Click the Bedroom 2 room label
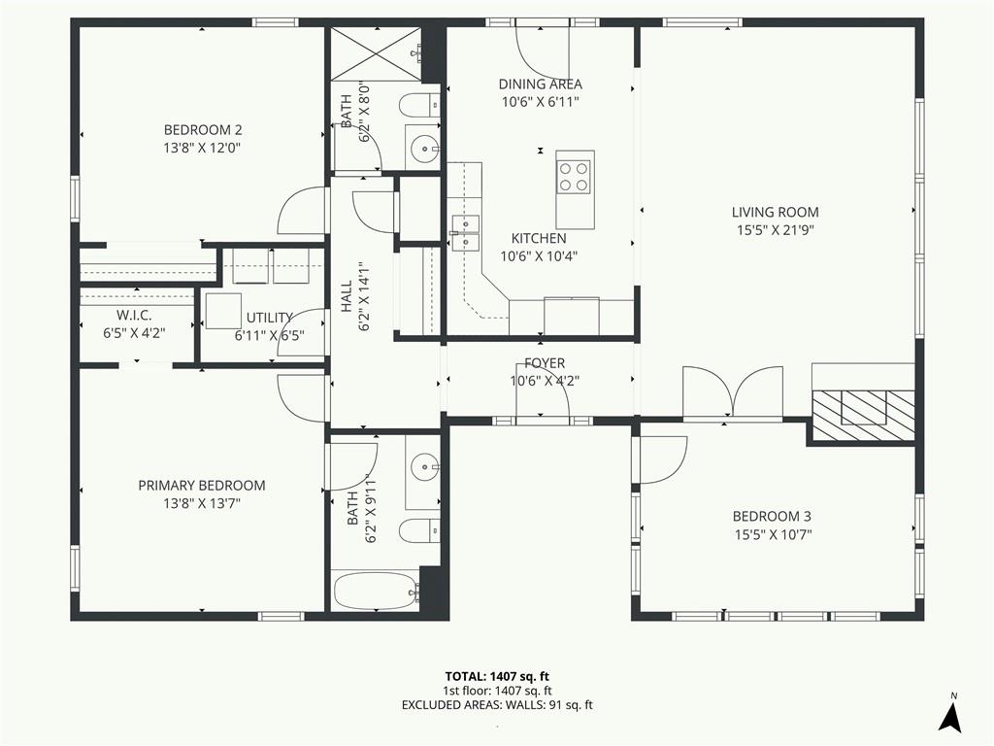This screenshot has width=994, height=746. tap(203, 130)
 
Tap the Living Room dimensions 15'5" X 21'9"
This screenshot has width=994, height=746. tap(776, 229)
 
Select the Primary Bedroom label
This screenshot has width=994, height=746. tap(202, 486)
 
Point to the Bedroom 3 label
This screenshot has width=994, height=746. tap(773, 517)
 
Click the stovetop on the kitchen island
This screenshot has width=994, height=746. tap(574, 177)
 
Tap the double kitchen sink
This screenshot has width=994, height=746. tap(465, 233)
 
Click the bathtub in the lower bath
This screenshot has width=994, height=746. tap(374, 591)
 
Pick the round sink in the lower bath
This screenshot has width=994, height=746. tap(423, 468)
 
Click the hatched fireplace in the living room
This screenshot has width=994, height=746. tap(864, 416)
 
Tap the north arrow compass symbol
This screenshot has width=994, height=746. tap(951, 714)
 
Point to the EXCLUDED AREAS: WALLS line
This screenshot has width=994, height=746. tap(497, 705)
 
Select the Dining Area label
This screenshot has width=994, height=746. tap(540, 84)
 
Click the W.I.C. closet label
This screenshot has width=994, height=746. tap(134, 316)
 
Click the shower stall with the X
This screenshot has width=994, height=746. tap(374, 54)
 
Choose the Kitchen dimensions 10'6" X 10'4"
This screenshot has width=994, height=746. tap(539, 256)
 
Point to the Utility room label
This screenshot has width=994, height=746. tap(270, 318)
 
